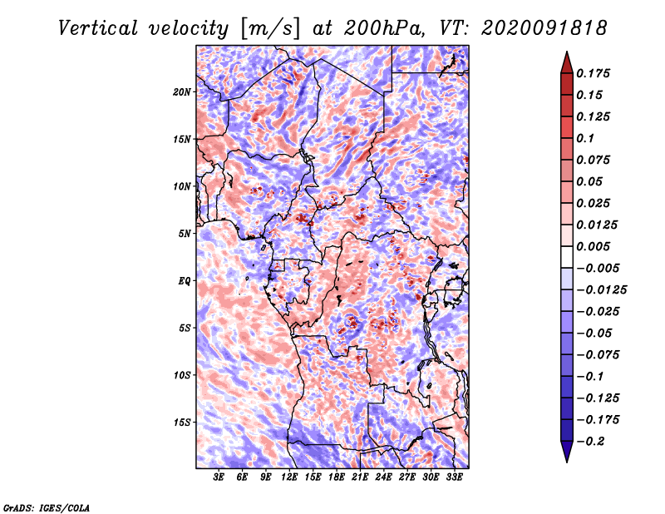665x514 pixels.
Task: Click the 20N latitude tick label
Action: [182, 92]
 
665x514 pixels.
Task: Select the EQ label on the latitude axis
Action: [184, 281]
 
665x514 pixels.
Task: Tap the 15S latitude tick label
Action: [182, 423]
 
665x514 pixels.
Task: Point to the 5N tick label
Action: [185, 234]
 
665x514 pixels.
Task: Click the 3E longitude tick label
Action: [219, 477]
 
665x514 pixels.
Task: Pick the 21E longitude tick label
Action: [360, 477]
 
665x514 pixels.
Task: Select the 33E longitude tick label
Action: [454, 477]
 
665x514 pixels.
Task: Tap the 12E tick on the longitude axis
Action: [288, 477]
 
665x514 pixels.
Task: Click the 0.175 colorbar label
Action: [593, 73]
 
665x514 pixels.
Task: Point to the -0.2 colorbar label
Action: [590, 442]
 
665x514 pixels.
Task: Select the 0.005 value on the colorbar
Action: [593, 246]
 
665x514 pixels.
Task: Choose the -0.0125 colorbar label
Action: [601, 290]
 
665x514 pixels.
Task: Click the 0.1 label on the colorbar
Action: [585, 138]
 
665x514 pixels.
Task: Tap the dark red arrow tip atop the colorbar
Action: [567, 52]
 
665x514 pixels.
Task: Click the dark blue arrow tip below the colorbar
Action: [567, 461]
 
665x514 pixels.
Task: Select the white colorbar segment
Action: [567, 257]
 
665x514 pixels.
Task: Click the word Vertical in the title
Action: [98, 28]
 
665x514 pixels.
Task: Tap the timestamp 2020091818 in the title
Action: [544, 28]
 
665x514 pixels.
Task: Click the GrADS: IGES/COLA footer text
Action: [47, 507]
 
